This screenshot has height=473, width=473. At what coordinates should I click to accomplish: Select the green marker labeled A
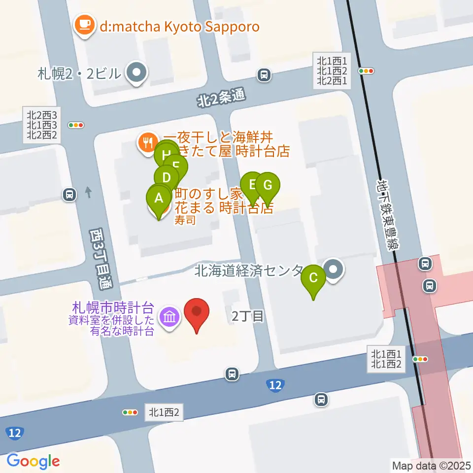tap(159, 200)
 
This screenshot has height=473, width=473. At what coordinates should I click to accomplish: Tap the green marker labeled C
tap(313, 279)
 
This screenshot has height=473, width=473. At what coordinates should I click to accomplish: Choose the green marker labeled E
tap(252, 186)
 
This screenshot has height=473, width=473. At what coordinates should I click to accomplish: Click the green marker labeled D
tap(167, 178)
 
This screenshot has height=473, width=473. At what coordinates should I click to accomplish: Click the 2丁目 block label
tap(247, 316)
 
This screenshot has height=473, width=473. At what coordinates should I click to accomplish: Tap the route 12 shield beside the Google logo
tap(15, 433)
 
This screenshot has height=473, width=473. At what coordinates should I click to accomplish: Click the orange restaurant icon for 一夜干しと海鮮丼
tap(147, 143)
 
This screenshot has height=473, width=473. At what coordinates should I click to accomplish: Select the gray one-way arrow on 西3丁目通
tap(89, 191)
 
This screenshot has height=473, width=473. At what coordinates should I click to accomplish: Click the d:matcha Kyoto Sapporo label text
tap(179, 26)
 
